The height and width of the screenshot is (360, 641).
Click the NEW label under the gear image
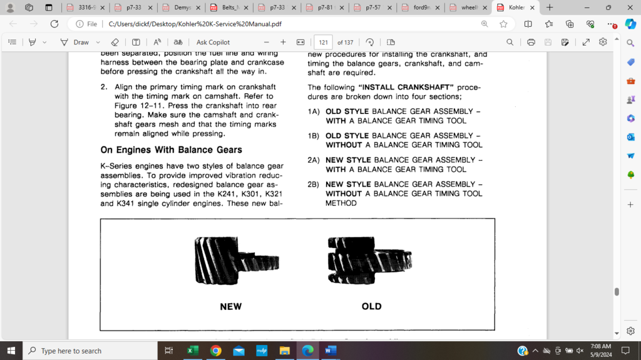230,307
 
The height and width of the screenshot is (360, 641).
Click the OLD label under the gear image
371,307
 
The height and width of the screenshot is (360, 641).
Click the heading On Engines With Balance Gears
171,150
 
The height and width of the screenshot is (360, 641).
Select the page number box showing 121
323,43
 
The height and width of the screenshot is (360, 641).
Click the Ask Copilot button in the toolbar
213,43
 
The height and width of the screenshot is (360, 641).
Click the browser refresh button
54,24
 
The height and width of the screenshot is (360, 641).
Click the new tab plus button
550,8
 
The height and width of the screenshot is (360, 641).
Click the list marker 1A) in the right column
314,111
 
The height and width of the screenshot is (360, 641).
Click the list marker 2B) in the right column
314,185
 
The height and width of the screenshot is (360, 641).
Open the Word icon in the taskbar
329,351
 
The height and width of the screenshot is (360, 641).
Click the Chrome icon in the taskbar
215,351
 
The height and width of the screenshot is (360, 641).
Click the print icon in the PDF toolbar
531,43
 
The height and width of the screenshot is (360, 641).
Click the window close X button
629,8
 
